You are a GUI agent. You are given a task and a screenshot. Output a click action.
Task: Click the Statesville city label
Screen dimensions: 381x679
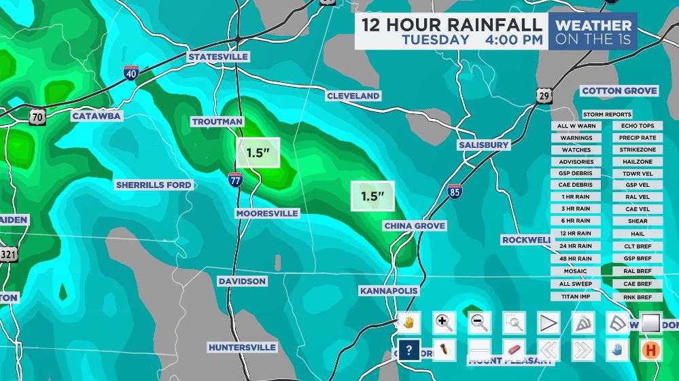(218, 56)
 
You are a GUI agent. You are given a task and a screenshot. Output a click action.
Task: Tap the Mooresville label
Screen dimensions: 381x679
(267, 213)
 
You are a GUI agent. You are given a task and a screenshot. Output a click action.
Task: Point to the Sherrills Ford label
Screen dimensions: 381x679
(154, 185)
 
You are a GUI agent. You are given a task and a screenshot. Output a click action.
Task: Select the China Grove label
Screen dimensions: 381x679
(415, 225)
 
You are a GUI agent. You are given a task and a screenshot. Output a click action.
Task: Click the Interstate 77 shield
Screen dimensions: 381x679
(235, 179)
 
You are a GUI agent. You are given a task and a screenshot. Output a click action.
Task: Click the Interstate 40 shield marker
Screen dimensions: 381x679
(130, 73)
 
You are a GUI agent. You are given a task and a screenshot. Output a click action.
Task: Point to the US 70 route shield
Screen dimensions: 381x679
(37, 117)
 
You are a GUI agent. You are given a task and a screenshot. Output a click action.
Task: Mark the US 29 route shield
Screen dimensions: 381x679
(543, 96)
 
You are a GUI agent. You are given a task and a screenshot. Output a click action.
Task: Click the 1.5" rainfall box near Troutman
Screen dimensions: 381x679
(258, 153)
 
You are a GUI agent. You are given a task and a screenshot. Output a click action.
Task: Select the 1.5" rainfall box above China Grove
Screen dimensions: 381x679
(372, 196)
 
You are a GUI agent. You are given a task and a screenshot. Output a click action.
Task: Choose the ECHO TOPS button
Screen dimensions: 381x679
(638, 126)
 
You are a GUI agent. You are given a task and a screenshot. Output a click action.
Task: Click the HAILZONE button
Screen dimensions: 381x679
(638, 162)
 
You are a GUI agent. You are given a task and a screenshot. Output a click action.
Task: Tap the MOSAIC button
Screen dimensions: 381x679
(576, 271)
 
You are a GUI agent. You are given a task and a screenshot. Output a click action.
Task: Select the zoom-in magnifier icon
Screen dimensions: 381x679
(444, 323)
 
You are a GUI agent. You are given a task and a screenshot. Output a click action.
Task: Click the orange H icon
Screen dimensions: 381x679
(651, 350)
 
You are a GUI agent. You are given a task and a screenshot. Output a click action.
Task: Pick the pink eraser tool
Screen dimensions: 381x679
(513, 350)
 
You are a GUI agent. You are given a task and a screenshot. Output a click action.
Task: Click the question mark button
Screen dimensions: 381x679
(408, 350)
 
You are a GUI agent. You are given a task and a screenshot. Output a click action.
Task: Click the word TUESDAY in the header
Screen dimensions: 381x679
(435, 39)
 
